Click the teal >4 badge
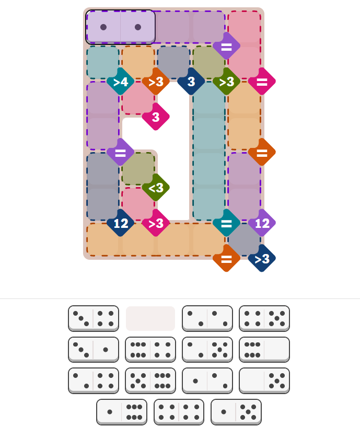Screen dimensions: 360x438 pyautogui.click(x=120, y=82)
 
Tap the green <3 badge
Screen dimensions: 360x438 pyautogui.click(x=156, y=188)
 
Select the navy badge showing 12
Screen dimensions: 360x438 pyautogui.click(x=120, y=223)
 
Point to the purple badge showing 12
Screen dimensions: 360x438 pyautogui.click(x=262, y=223)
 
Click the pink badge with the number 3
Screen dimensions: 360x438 pyautogui.click(x=156, y=117)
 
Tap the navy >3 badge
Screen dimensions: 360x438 pyautogui.click(x=262, y=258)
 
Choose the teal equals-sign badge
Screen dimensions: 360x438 pyautogui.click(x=226, y=223)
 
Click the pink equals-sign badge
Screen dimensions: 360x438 pyautogui.click(x=262, y=82)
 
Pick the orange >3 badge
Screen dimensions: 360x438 pyautogui.click(x=156, y=82)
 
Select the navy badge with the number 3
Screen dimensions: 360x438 pyautogui.click(x=191, y=82)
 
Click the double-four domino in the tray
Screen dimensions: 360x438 pyautogui.click(x=179, y=412)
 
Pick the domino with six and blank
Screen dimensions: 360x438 pyautogui.click(x=264, y=350)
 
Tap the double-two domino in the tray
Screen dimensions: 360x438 pyautogui.click(x=207, y=318)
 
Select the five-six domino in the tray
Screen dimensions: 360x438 pyautogui.click(x=150, y=381)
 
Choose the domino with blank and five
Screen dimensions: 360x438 pyautogui.click(x=264, y=381)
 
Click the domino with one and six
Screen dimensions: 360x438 pyautogui.click(x=122, y=412)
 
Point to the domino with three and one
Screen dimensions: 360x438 pyautogui.click(x=94, y=350)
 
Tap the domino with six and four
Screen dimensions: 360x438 pyautogui.click(x=150, y=350)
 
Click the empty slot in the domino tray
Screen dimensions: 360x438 pyautogui.click(x=150, y=318)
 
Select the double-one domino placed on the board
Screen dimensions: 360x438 pyautogui.click(x=120, y=27)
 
